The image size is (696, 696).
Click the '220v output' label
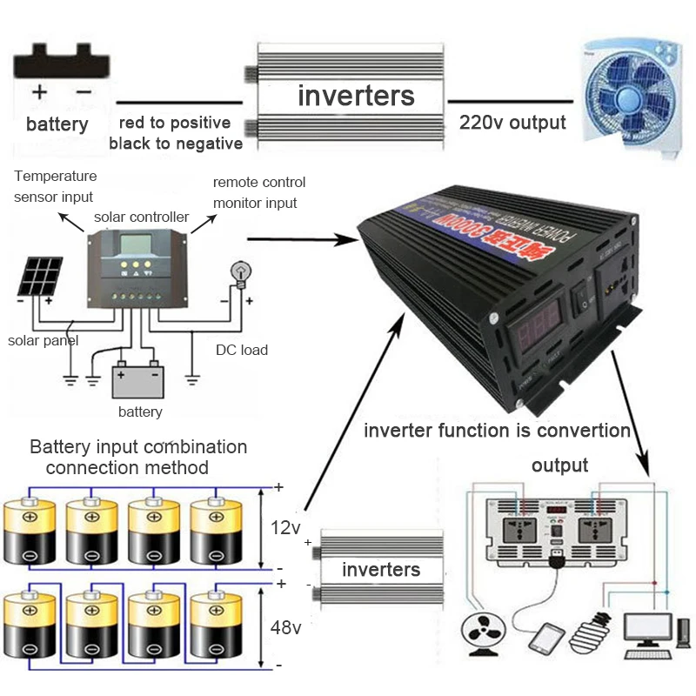512,123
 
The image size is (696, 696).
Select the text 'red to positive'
175,123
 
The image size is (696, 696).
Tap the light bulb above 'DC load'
238,272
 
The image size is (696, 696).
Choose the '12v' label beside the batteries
285,527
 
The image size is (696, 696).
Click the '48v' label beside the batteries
285,627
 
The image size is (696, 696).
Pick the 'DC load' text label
241,350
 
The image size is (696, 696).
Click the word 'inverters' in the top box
356,95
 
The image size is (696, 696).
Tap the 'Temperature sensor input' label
54,186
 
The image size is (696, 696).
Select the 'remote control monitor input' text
258,192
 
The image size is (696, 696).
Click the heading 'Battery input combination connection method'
138,457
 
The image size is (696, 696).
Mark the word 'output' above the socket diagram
559,465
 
